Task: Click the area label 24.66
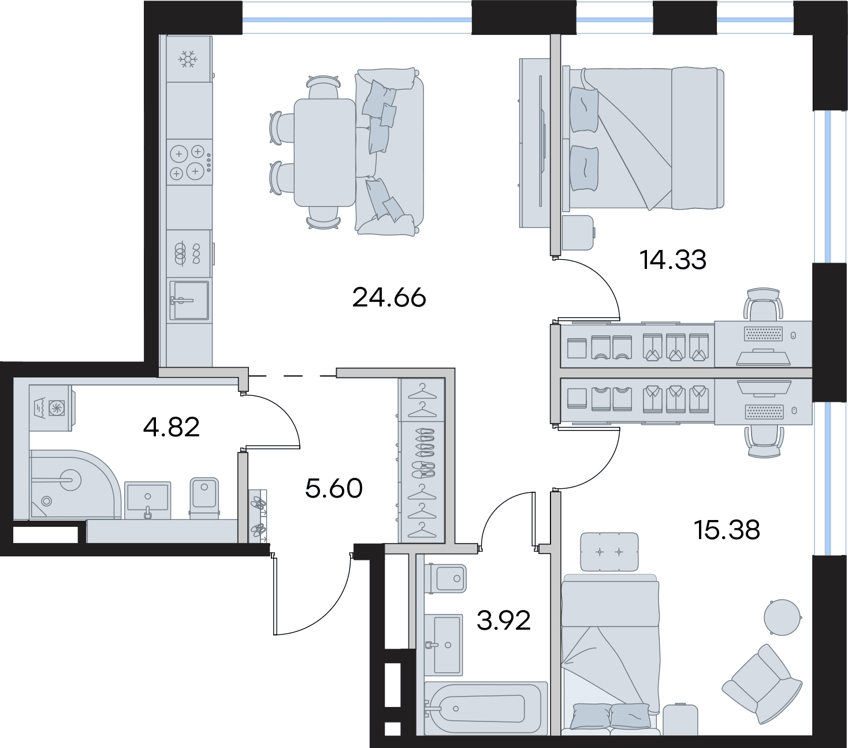389,298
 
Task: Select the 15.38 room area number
727,530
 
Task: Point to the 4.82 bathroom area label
171,427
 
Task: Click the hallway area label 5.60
333,489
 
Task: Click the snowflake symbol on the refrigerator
188,59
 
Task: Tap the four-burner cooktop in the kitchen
189,162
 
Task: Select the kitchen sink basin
189,300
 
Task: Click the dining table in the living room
325,153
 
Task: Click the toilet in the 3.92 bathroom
445,578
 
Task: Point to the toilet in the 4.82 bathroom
204,499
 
